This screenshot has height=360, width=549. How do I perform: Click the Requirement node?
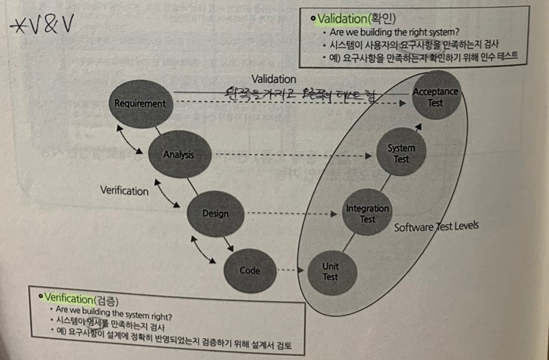[x=140, y=103]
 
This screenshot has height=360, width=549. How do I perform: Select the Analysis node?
[x=179, y=155]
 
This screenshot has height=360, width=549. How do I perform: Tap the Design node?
[x=215, y=213]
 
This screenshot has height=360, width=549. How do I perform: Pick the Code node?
[x=249, y=269]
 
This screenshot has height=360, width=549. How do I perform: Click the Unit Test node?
[x=330, y=271]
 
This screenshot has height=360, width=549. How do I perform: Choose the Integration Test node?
[x=367, y=214]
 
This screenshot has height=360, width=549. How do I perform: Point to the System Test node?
[x=401, y=154]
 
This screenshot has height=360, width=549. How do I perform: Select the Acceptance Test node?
[x=435, y=97]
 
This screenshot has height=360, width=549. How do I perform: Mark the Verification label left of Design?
[x=125, y=191]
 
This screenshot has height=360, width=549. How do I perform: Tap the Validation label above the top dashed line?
[x=274, y=78]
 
